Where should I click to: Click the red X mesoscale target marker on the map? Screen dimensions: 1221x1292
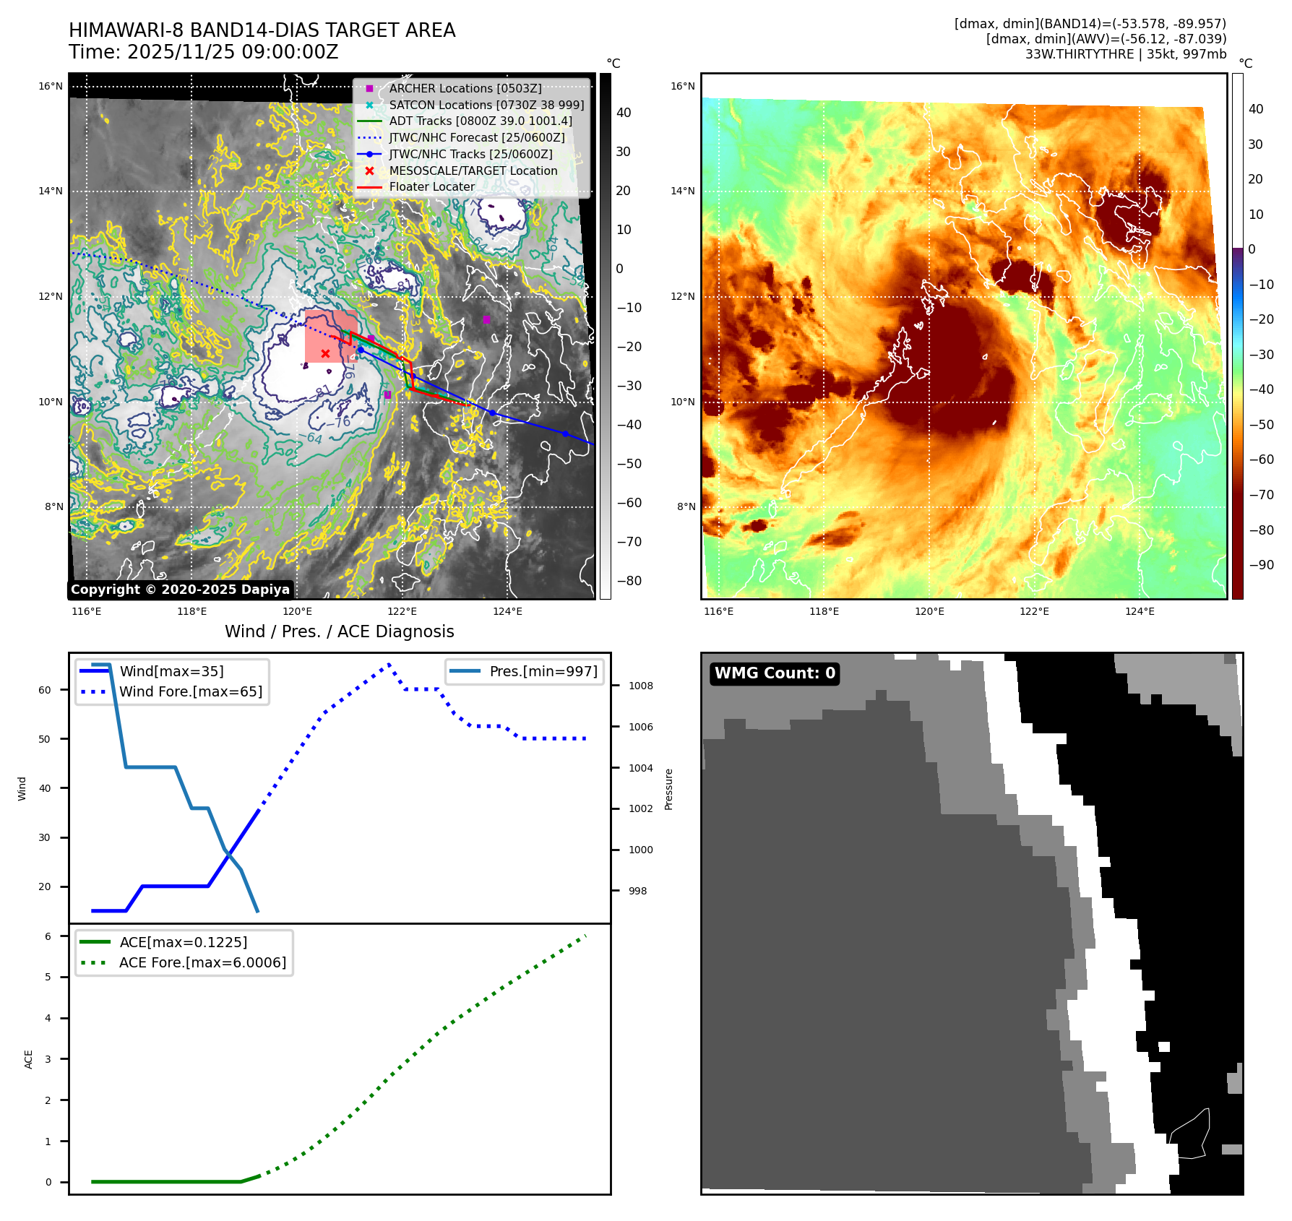(325, 353)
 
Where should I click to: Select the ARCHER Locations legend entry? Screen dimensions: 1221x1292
(465, 88)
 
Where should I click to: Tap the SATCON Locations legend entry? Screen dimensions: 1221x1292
(486, 105)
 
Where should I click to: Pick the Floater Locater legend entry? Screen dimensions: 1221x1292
(431, 186)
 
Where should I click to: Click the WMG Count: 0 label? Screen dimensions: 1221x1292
(775, 673)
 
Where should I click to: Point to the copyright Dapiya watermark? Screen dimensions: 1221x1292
(180, 590)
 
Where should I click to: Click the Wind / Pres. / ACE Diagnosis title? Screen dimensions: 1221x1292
(339, 631)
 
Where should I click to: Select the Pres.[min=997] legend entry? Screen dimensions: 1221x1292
(543, 671)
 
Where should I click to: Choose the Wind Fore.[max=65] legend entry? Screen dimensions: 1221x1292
(191, 691)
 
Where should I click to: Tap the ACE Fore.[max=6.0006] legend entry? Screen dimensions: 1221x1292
(202, 962)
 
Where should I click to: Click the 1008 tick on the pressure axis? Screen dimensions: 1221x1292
(640, 686)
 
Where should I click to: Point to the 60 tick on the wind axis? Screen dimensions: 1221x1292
(45, 690)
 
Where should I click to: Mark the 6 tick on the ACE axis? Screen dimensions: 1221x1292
(48, 936)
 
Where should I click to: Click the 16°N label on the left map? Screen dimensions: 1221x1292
(51, 87)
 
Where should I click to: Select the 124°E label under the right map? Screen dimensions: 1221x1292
(1140, 611)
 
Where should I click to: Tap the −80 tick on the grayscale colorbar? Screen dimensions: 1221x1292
(629, 581)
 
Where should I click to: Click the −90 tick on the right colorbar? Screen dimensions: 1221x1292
(1261, 565)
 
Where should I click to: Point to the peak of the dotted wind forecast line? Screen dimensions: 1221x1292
(389, 663)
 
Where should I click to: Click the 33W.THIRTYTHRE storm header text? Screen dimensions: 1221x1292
(1125, 54)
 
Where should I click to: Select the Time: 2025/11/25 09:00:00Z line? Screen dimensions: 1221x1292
(203, 52)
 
